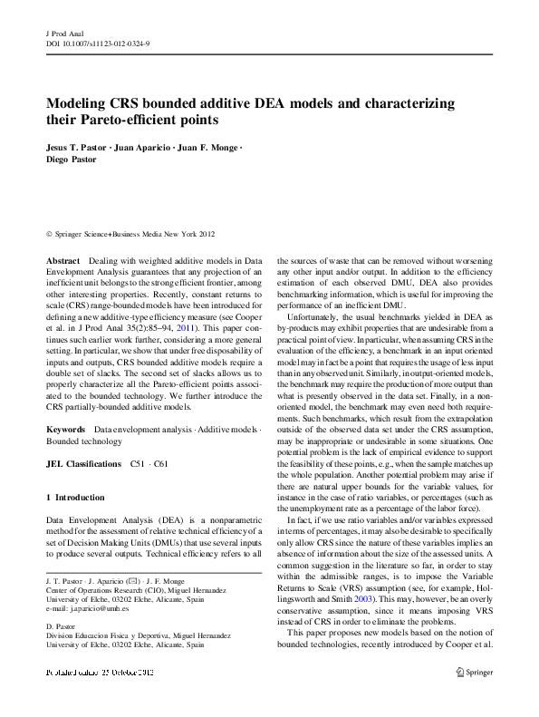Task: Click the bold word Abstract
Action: (63, 260)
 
